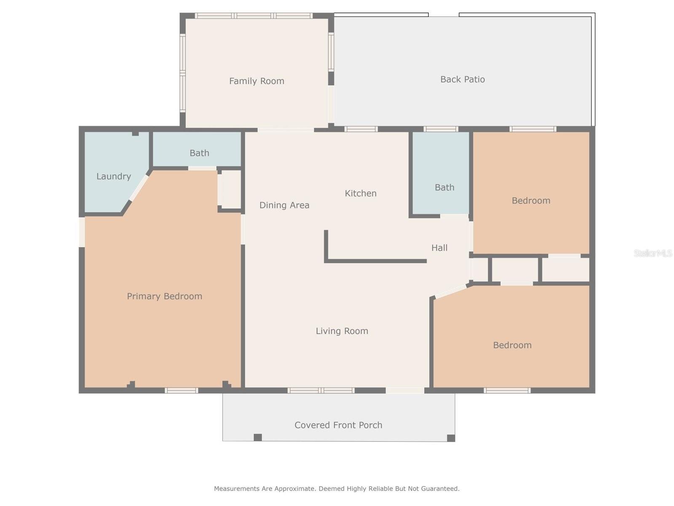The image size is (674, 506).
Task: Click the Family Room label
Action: tap(257, 81)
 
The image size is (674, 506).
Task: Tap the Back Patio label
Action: tap(463, 80)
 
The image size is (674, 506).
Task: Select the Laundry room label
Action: tap(114, 176)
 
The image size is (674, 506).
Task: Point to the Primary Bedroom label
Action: tap(164, 296)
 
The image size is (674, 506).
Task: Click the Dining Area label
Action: tap(284, 205)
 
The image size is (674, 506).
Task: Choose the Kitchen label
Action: tap(361, 193)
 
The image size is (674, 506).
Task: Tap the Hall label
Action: tap(439, 248)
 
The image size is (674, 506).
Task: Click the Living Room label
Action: tap(342, 331)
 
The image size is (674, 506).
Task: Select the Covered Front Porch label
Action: tap(338, 425)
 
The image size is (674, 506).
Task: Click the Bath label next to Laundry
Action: tap(199, 153)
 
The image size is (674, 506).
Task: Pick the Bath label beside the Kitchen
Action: tap(444, 187)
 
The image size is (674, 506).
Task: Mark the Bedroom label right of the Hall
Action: tap(531, 201)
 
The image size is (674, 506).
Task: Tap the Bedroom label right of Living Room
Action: tap(512, 345)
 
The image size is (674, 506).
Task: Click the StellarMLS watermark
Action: tap(653, 253)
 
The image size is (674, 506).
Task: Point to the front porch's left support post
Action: tap(258, 437)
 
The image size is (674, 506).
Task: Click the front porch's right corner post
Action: tap(451, 438)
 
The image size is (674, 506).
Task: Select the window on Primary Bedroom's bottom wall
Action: tap(182, 390)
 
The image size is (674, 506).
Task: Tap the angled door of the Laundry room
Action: tap(139, 188)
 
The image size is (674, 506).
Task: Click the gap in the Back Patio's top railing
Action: tap(444, 15)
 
